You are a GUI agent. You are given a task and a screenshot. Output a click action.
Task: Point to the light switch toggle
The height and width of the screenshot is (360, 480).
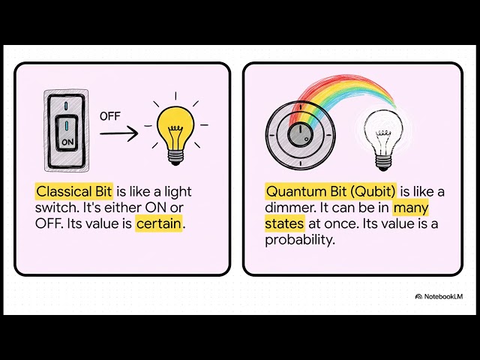[x=68, y=131]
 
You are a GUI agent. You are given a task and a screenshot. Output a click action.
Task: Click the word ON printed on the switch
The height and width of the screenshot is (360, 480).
[x=68, y=141]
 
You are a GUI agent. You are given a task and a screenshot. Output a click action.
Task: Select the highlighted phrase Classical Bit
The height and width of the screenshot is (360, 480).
[x=73, y=190]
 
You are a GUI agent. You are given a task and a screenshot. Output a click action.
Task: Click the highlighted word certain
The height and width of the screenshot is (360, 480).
[x=159, y=223]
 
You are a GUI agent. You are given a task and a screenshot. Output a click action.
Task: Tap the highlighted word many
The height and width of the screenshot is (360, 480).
[x=411, y=207]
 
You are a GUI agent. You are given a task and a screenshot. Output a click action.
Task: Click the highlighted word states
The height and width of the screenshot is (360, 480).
[x=284, y=223]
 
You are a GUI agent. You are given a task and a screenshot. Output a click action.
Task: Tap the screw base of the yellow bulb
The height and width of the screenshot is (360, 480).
[x=175, y=155]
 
